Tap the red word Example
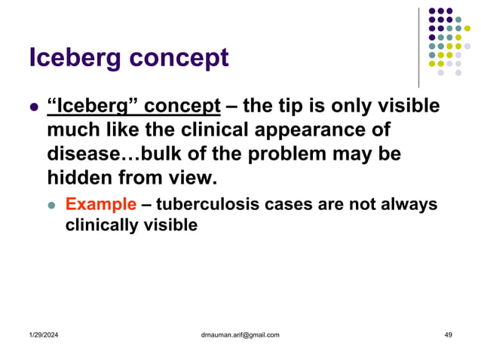(101, 204)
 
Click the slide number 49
(448, 334)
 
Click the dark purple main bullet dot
(33, 107)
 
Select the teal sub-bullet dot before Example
(52, 205)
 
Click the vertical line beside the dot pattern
(418, 47)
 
